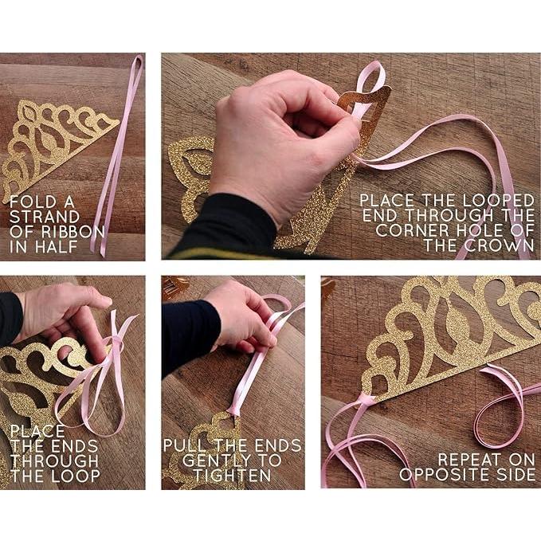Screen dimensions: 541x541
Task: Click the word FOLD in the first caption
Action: (29, 202)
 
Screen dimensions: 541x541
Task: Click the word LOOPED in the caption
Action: (498, 201)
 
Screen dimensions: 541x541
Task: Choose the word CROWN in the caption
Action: (500, 245)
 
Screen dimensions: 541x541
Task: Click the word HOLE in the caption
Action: (482, 230)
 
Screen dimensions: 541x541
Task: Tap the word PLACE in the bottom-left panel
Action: (37, 431)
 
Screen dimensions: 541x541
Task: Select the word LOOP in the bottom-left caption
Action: (76, 476)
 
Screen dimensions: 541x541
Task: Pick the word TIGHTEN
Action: (232, 476)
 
